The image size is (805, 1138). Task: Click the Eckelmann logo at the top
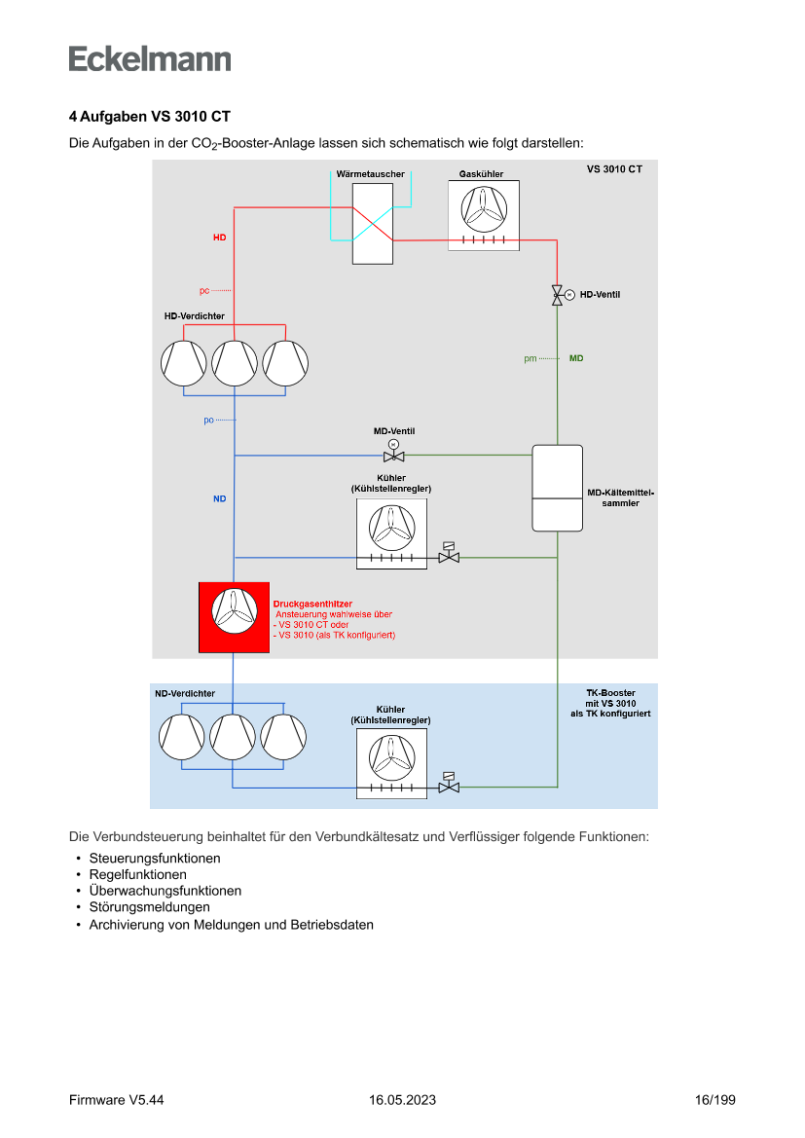[150, 58]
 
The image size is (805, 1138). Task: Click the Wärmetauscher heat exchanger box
[373, 222]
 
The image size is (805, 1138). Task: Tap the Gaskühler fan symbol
[483, 207]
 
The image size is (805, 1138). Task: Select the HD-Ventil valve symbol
[557, 295]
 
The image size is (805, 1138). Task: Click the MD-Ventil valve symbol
[393, 456]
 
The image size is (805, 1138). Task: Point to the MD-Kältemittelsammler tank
[557, 488]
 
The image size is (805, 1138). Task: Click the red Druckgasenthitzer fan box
[234, 617]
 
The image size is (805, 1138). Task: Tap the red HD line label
[220, 238]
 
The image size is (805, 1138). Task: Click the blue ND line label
[220, 499]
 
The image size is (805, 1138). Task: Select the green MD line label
[576, 359]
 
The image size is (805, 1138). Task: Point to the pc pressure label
[204, 290]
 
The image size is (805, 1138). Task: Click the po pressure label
[208, 421]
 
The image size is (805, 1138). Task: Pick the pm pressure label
[531, 359]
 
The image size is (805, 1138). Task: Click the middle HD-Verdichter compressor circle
[235, 363]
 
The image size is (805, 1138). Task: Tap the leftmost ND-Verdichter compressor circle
[182, 736]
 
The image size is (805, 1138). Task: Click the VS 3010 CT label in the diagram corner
[614, 169]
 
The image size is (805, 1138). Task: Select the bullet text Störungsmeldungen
[149, 907]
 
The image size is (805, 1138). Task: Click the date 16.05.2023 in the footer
[402, 1100]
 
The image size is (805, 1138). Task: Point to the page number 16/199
[714, 1100]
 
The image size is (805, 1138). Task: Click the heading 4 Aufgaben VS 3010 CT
[149, 117]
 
